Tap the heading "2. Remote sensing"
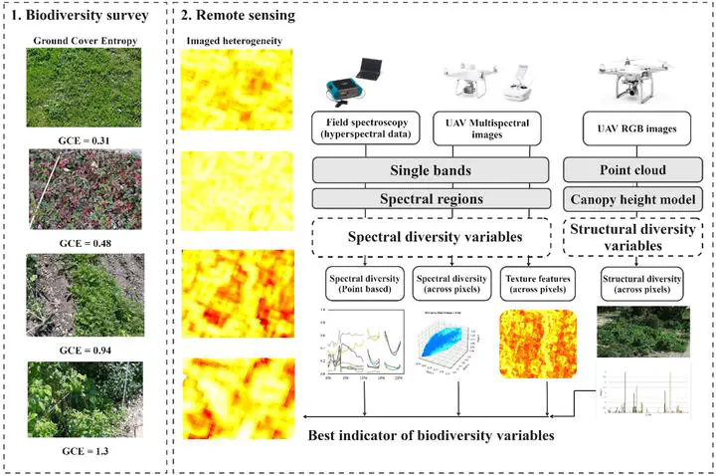coord(239,16)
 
